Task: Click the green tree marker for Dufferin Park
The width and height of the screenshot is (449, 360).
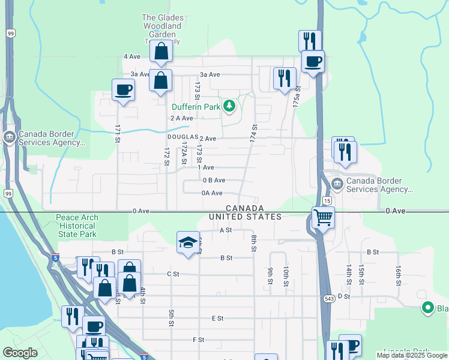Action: click(228, 107)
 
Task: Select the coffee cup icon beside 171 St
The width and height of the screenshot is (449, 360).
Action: click(123, 90)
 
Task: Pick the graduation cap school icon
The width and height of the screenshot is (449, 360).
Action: click(188, 242)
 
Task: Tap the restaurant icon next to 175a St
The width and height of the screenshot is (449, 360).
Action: click(285, 78)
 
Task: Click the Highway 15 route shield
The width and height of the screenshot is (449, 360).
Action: click(327, 200)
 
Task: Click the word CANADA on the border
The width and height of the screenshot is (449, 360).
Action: click(245, 208)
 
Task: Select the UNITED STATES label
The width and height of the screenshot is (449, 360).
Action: click(245, 217)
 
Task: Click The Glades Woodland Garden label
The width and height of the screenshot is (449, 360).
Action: click(161, 26)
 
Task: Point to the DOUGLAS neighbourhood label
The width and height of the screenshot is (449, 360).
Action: click(182, 137)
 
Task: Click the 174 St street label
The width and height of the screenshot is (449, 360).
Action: click(255, 133)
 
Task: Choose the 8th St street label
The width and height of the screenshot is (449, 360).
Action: click(254, 243)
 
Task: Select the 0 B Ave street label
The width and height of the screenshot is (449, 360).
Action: click(214, 180)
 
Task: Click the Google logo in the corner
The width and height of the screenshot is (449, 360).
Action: click(20, 353)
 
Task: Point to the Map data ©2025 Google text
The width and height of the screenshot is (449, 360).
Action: click(411, 355)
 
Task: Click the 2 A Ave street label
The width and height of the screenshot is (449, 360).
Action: click(181, 118)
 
